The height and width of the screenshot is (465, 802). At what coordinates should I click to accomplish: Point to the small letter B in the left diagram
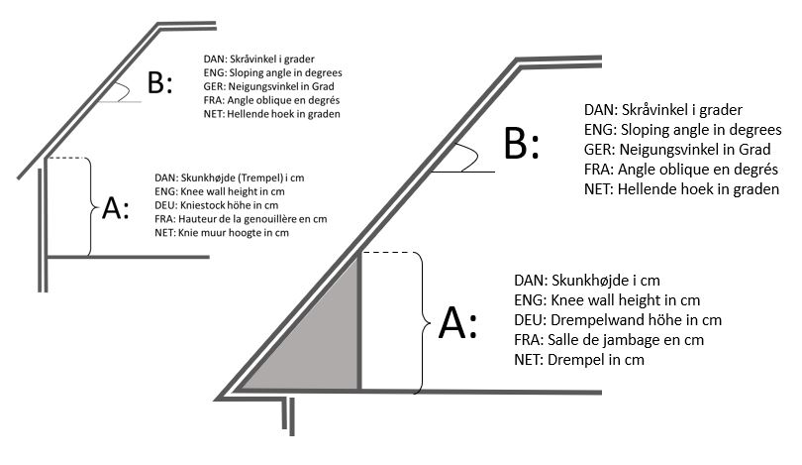click(x=157, y=83)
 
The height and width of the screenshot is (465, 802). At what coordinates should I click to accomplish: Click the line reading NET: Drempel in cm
click(x=579, y=359)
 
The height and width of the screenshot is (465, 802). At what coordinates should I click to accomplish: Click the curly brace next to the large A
click(x=422, y=322)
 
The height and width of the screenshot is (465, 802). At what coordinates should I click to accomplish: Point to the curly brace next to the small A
click(x=92, y=206)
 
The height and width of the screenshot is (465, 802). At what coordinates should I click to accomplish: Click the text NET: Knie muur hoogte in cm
click(x=222, y=233)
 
